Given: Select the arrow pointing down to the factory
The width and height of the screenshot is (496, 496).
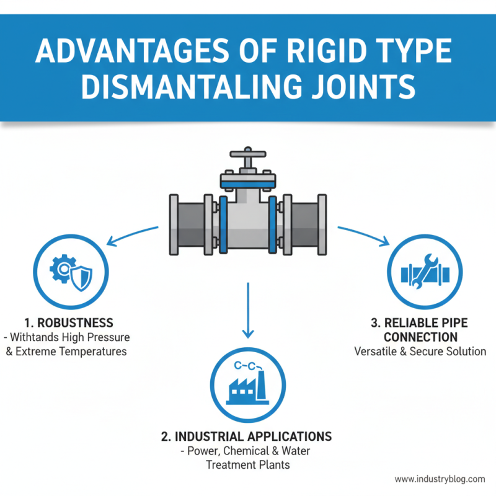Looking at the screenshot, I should (247, 310).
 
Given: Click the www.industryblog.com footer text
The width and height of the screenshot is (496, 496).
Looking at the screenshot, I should (440, 479).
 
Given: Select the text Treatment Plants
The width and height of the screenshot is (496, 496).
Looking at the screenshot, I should (247, 465).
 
